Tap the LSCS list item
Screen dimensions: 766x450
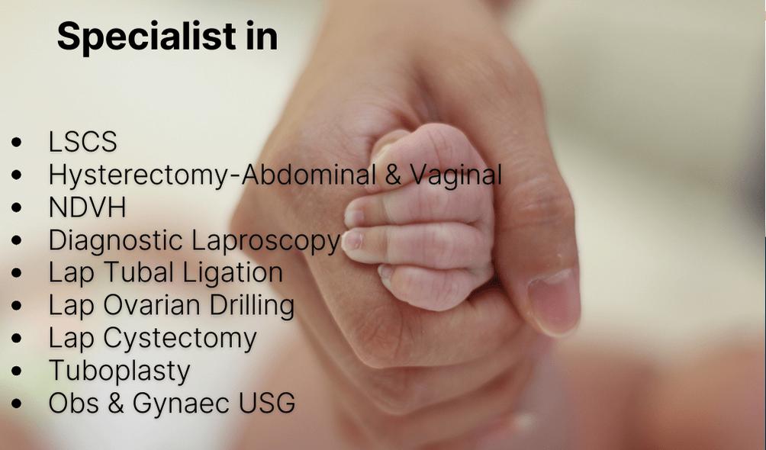pyautogui.click(x=83, y=142)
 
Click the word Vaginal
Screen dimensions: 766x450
pyautogui.click(x=455, y=175)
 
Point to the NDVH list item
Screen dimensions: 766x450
pyautogui.click(x=88, y=207)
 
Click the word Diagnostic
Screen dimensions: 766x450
pyautogui.click(x=116, y=240)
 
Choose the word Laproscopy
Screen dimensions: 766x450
pyautogui.click(x=266, y=241)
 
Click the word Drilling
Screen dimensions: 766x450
pyautogui.click(x=252, y=305)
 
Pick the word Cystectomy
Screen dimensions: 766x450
pyautogui.click(x=180, y=339)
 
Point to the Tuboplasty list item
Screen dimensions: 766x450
pyautogui.click(x=120, y=371)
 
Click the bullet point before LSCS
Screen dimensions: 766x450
pyautogui.click(x=16, y=142)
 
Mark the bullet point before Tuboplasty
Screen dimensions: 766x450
pyautogui.click(x=16, y=371)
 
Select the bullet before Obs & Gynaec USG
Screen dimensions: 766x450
pyautogui.click(x=16, y=403)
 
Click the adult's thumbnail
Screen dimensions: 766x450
pyautogui.click(x=555, y=301)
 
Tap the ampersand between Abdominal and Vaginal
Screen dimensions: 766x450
pyautogui.click(x=393, y=175)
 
